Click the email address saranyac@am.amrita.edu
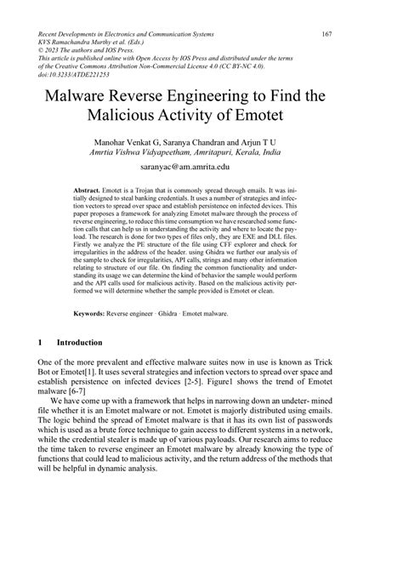click(x=201, y=169)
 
